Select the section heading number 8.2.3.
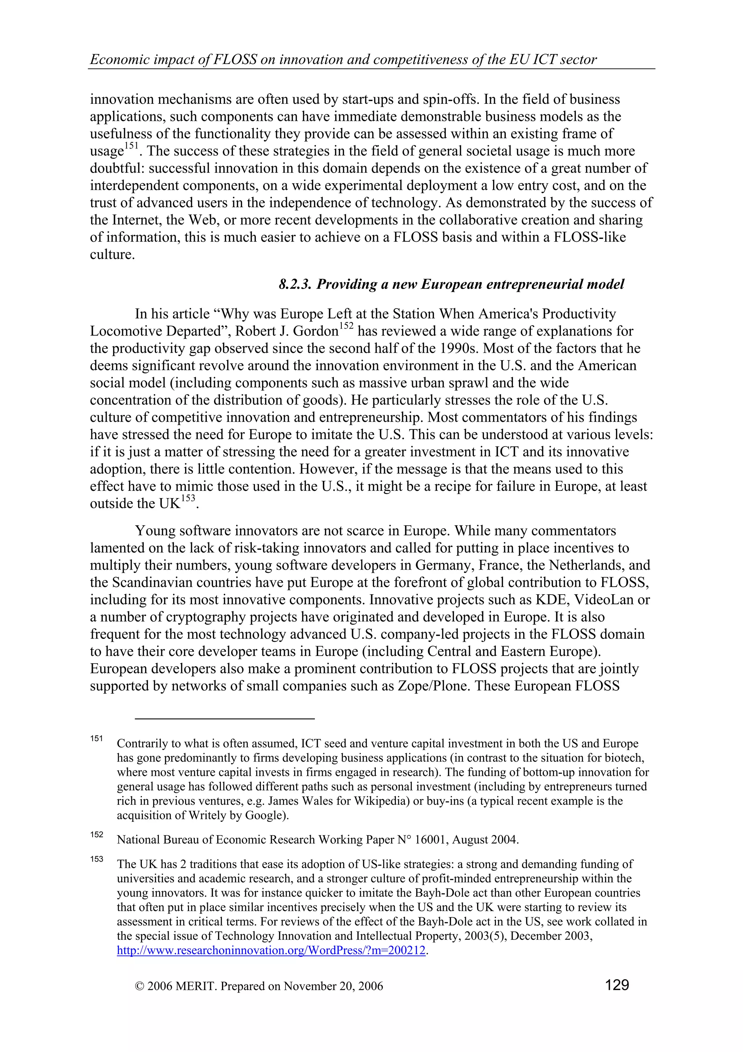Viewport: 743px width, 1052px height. (295, 284)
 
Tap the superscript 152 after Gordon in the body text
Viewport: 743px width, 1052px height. (346, 326)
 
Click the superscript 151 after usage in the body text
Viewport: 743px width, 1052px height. (131, 146)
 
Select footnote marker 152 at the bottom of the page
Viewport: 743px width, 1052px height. (96, 834)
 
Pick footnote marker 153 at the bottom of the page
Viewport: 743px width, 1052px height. (96, 859)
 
